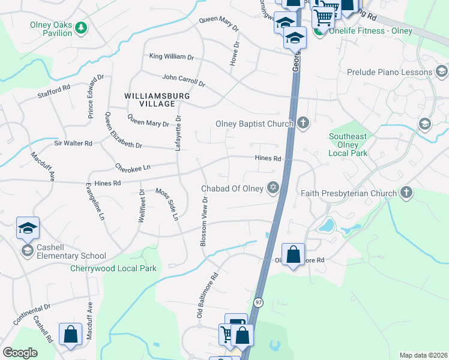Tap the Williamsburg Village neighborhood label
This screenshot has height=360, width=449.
coord(157,100)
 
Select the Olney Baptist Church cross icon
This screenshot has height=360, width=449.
coord(303,124)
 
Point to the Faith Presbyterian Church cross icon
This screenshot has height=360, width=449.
coord(407,193)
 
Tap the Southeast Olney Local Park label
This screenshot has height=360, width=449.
coord(348,145)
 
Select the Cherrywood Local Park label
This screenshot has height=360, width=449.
coord(113,268)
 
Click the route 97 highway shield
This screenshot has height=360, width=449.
coord(258,302)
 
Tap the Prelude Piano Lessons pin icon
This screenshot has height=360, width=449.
coord(442,72)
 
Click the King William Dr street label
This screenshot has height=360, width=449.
coord(172,57)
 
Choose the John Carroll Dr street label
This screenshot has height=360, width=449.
coord(184,79)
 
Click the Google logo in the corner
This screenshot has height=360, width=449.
coord(20,353)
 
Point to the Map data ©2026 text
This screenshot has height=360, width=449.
coord(423,355)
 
